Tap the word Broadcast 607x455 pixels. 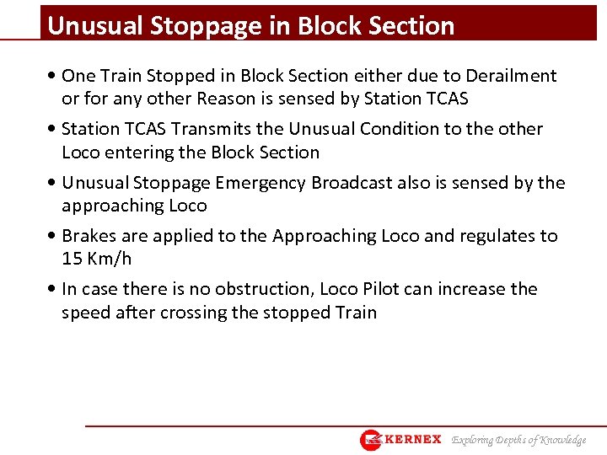click(361, 183)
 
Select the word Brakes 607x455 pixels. click(89, 236)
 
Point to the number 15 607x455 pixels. click(71, 259)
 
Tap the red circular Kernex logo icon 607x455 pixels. click(371, 440)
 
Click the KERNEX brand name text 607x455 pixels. click(413, 439)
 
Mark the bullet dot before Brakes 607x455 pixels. click(54, 237)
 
